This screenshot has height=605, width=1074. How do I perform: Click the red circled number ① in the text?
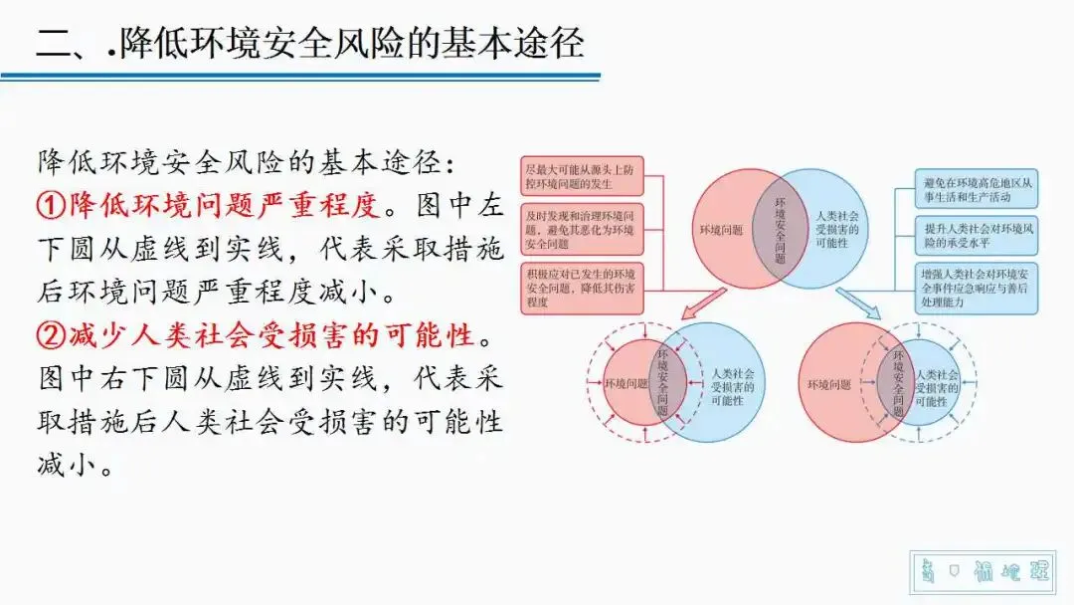coord(52,205)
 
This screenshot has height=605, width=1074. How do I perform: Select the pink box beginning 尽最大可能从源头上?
coord(583,177)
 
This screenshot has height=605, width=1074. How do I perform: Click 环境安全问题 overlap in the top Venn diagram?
coord(779,228)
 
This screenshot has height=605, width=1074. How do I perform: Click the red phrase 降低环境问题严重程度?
coord(224,205)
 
